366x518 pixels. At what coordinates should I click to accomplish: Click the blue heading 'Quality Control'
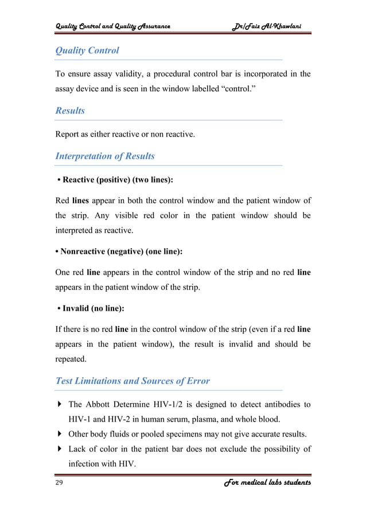(x=87, y=51)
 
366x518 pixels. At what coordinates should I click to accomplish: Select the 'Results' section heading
(x=70, y=111)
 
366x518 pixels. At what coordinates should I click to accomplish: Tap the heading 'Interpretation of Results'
(x=104, y=156)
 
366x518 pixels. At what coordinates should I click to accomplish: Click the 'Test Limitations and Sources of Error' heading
(x=132, y=381)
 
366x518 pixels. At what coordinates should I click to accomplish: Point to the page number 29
(x=59, y=483)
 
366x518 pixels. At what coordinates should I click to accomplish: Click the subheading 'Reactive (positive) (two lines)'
(x=118, y=180)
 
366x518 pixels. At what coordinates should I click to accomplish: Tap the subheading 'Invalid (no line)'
(x=91, y=308)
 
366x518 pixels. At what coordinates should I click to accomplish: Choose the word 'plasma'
(x=212, y=419)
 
